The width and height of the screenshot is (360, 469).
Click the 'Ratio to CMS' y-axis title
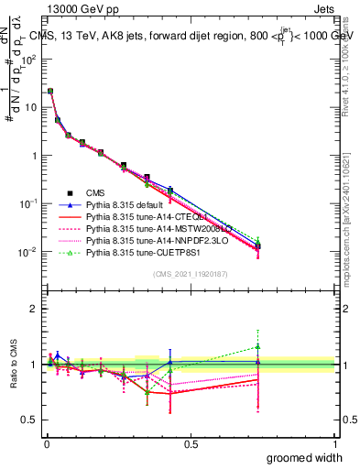point(13,365)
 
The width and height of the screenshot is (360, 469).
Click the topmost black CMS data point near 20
point(49,92)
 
